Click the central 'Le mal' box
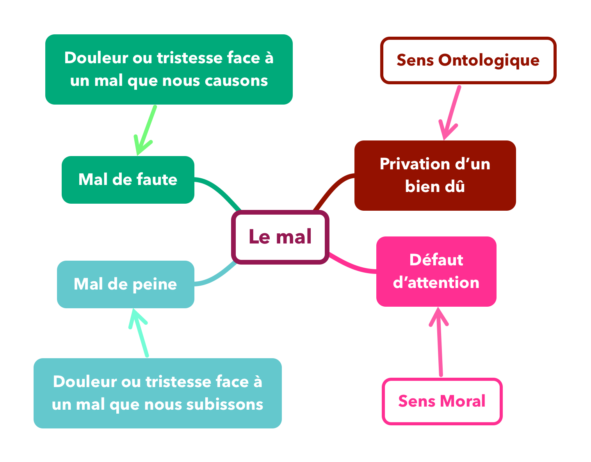280,237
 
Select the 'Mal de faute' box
128,180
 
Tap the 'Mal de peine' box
125,284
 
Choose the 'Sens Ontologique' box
468,60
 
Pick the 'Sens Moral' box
442,401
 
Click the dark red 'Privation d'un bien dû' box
435,176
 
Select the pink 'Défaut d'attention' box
436,271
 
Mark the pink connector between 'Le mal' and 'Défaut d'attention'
351,266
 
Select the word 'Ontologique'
489,60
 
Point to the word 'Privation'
412,164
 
